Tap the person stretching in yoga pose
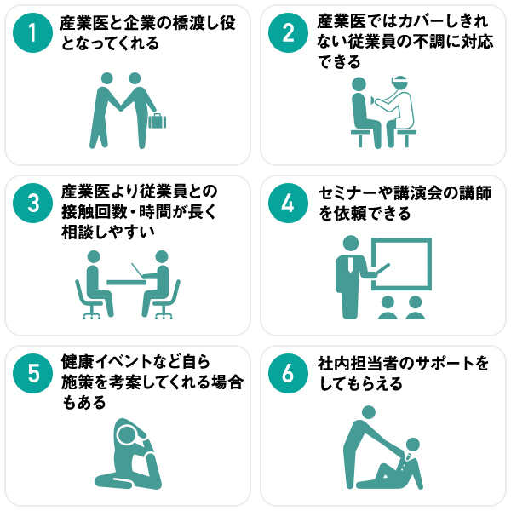click(128, 453)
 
